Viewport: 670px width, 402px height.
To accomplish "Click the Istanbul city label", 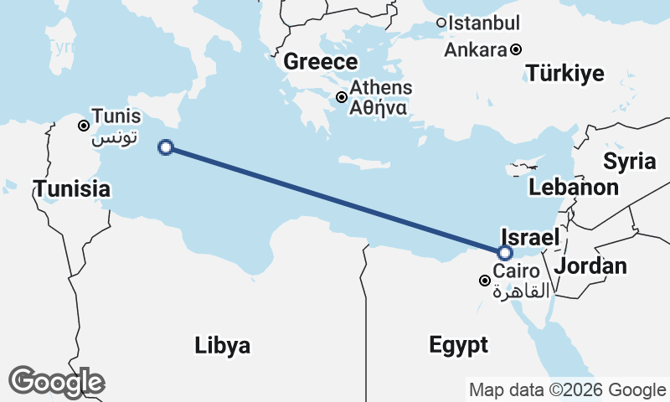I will point(484,23).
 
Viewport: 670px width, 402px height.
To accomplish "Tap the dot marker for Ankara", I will point(517,49).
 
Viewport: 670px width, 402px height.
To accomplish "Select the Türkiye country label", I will point(565,74).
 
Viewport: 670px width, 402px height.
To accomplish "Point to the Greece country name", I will point(321,62).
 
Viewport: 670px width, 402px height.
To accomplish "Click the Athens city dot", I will point(342,97).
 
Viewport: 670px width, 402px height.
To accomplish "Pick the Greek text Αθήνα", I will point(379,107).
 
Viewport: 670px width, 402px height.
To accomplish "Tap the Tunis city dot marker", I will point(84,126).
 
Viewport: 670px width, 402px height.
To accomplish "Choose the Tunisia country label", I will point(72,189).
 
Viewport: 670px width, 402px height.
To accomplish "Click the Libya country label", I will point(222,345).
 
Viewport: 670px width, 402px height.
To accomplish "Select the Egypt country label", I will point(458,345).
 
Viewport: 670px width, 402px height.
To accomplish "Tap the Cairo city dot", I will point(484,280).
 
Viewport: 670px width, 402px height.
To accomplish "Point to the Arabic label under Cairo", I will point(521,291).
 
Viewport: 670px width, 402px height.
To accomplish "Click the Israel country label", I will point(529,237).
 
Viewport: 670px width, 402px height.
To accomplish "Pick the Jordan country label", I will point(590,266).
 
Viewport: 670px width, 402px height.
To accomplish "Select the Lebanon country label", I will point(574,187).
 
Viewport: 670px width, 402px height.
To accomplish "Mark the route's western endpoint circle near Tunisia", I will point(166,148).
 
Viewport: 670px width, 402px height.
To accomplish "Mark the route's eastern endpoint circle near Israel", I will point(505,253).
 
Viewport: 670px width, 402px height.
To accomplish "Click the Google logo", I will point(57,382).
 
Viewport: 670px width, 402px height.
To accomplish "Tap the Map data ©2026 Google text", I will point(567,389).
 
